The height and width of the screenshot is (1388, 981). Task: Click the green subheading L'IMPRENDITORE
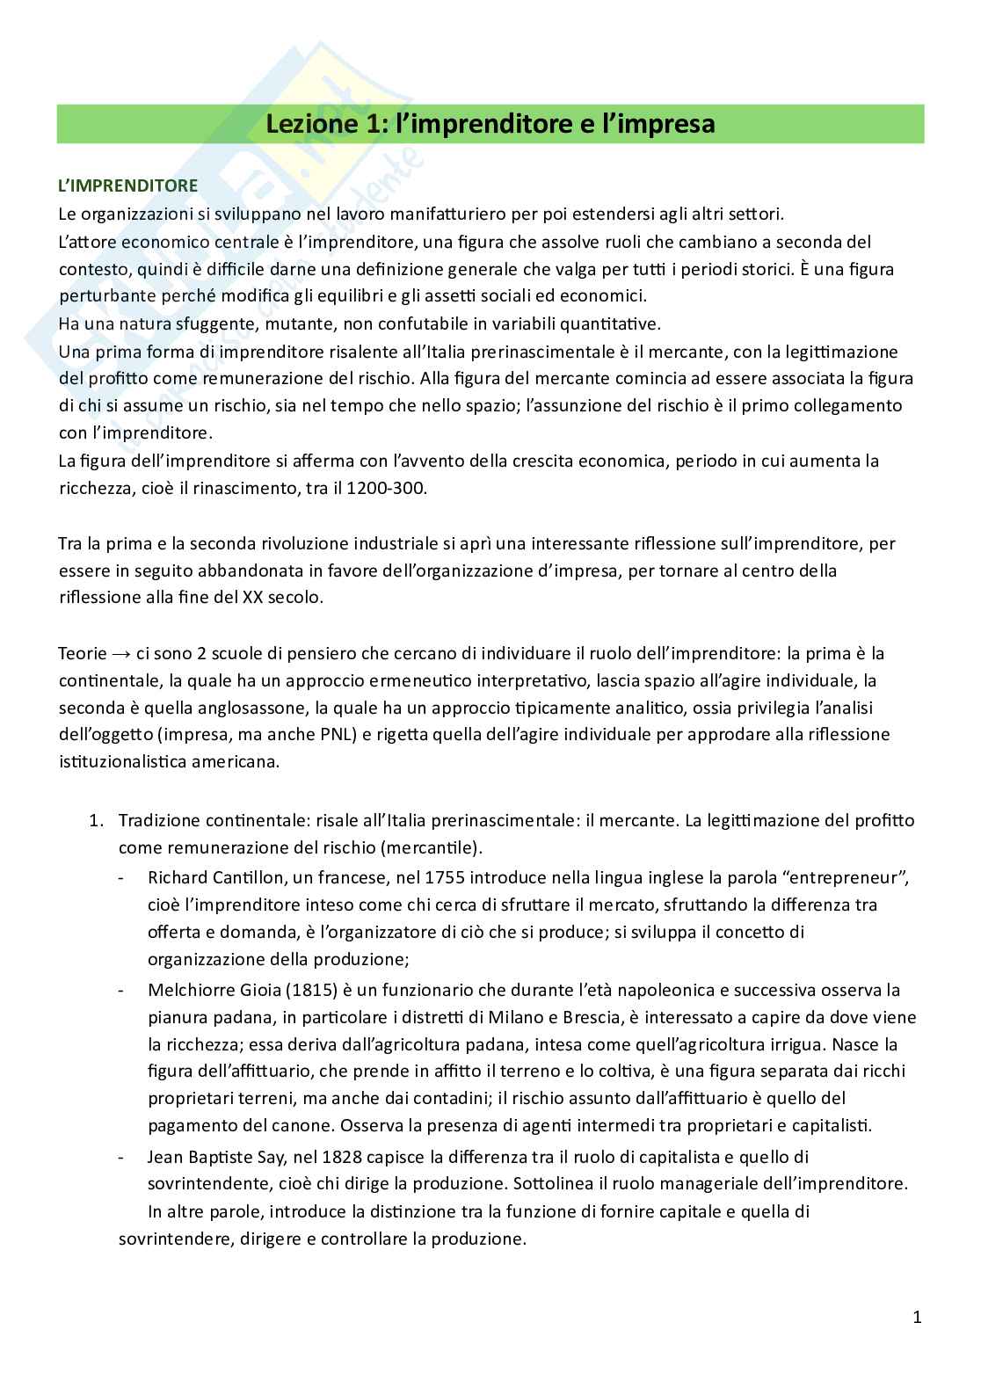pos(127,186)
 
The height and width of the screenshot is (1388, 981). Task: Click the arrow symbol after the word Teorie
pos(120,654)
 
